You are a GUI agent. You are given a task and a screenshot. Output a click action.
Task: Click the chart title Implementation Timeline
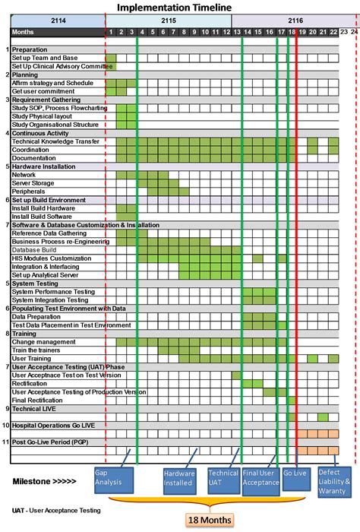coord(180,6)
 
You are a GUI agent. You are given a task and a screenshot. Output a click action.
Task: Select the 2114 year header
coord(58,21)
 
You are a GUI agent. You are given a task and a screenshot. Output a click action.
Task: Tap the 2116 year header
coord(295,21)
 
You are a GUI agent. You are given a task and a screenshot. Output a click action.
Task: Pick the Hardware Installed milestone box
coord(179,481)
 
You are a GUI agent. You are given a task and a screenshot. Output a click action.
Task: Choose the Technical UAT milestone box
coord(223,481)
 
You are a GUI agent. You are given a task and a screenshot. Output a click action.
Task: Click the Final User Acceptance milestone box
coord(261,481)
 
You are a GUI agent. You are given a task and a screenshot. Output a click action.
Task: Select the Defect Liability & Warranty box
coord(334,481)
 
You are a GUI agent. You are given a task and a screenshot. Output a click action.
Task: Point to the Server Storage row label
coord(33,182)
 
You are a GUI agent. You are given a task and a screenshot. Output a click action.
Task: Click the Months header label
coord(24,32)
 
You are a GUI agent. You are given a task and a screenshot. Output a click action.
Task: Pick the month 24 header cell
coord(354,32)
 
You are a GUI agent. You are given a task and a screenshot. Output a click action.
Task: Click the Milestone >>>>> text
coord(45,481)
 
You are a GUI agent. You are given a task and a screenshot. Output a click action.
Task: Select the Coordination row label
coord(32,150)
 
